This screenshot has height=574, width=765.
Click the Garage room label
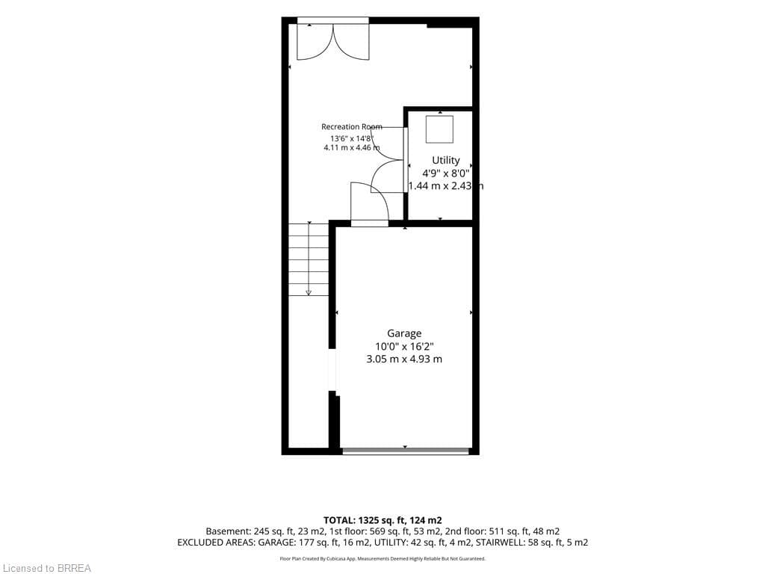pos(404,333)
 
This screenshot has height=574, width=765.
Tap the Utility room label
pos(445,160)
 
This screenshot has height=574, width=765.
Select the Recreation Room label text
pos(351,127)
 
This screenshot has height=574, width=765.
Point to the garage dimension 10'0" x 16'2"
pos(404,346)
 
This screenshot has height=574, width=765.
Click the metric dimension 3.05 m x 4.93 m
pos(404,359)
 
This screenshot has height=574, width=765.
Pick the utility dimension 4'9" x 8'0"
pos(445,173)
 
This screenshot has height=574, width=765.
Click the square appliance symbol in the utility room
pos(439,129)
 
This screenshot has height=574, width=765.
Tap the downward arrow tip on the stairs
pos(309,293)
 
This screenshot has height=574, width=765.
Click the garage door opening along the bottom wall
pos(406,451)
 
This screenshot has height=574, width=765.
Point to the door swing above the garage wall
pos(370,202)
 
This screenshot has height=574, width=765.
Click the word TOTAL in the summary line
pos(340,520)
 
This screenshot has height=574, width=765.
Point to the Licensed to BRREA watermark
pos(46,568)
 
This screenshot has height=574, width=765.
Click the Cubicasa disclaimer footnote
pos(382,558)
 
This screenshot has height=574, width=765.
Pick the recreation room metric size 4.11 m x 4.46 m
pos(351,147)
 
